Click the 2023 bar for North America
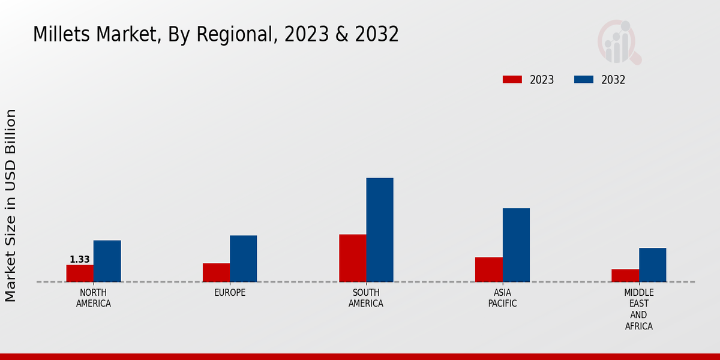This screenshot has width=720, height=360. [80, 273]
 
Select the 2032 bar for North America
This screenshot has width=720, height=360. [107, 261]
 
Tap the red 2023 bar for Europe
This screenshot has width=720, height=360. [216, 272]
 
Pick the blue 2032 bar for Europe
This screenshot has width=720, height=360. [243, 259]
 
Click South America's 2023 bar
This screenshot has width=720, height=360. [352, 258]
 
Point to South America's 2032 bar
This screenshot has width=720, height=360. [380, 230]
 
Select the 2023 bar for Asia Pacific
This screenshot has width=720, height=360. [488, 269]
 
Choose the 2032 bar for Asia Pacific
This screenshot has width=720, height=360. [516, 245]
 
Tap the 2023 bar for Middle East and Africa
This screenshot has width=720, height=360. [625, 275]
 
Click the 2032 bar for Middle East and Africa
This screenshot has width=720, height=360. [652, 265]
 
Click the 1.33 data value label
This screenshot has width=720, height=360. [80, 260]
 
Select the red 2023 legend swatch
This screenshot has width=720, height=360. [512, 80]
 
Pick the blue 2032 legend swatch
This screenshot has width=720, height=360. [584, 80]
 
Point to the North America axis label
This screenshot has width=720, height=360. [94, 298]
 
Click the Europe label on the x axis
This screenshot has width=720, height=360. [230, 293]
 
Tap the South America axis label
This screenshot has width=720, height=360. [366, 298]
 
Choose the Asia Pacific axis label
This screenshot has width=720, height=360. [502, 298]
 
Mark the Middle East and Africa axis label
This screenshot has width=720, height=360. [638, 310]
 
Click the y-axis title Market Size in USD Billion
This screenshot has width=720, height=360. [11, 205]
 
